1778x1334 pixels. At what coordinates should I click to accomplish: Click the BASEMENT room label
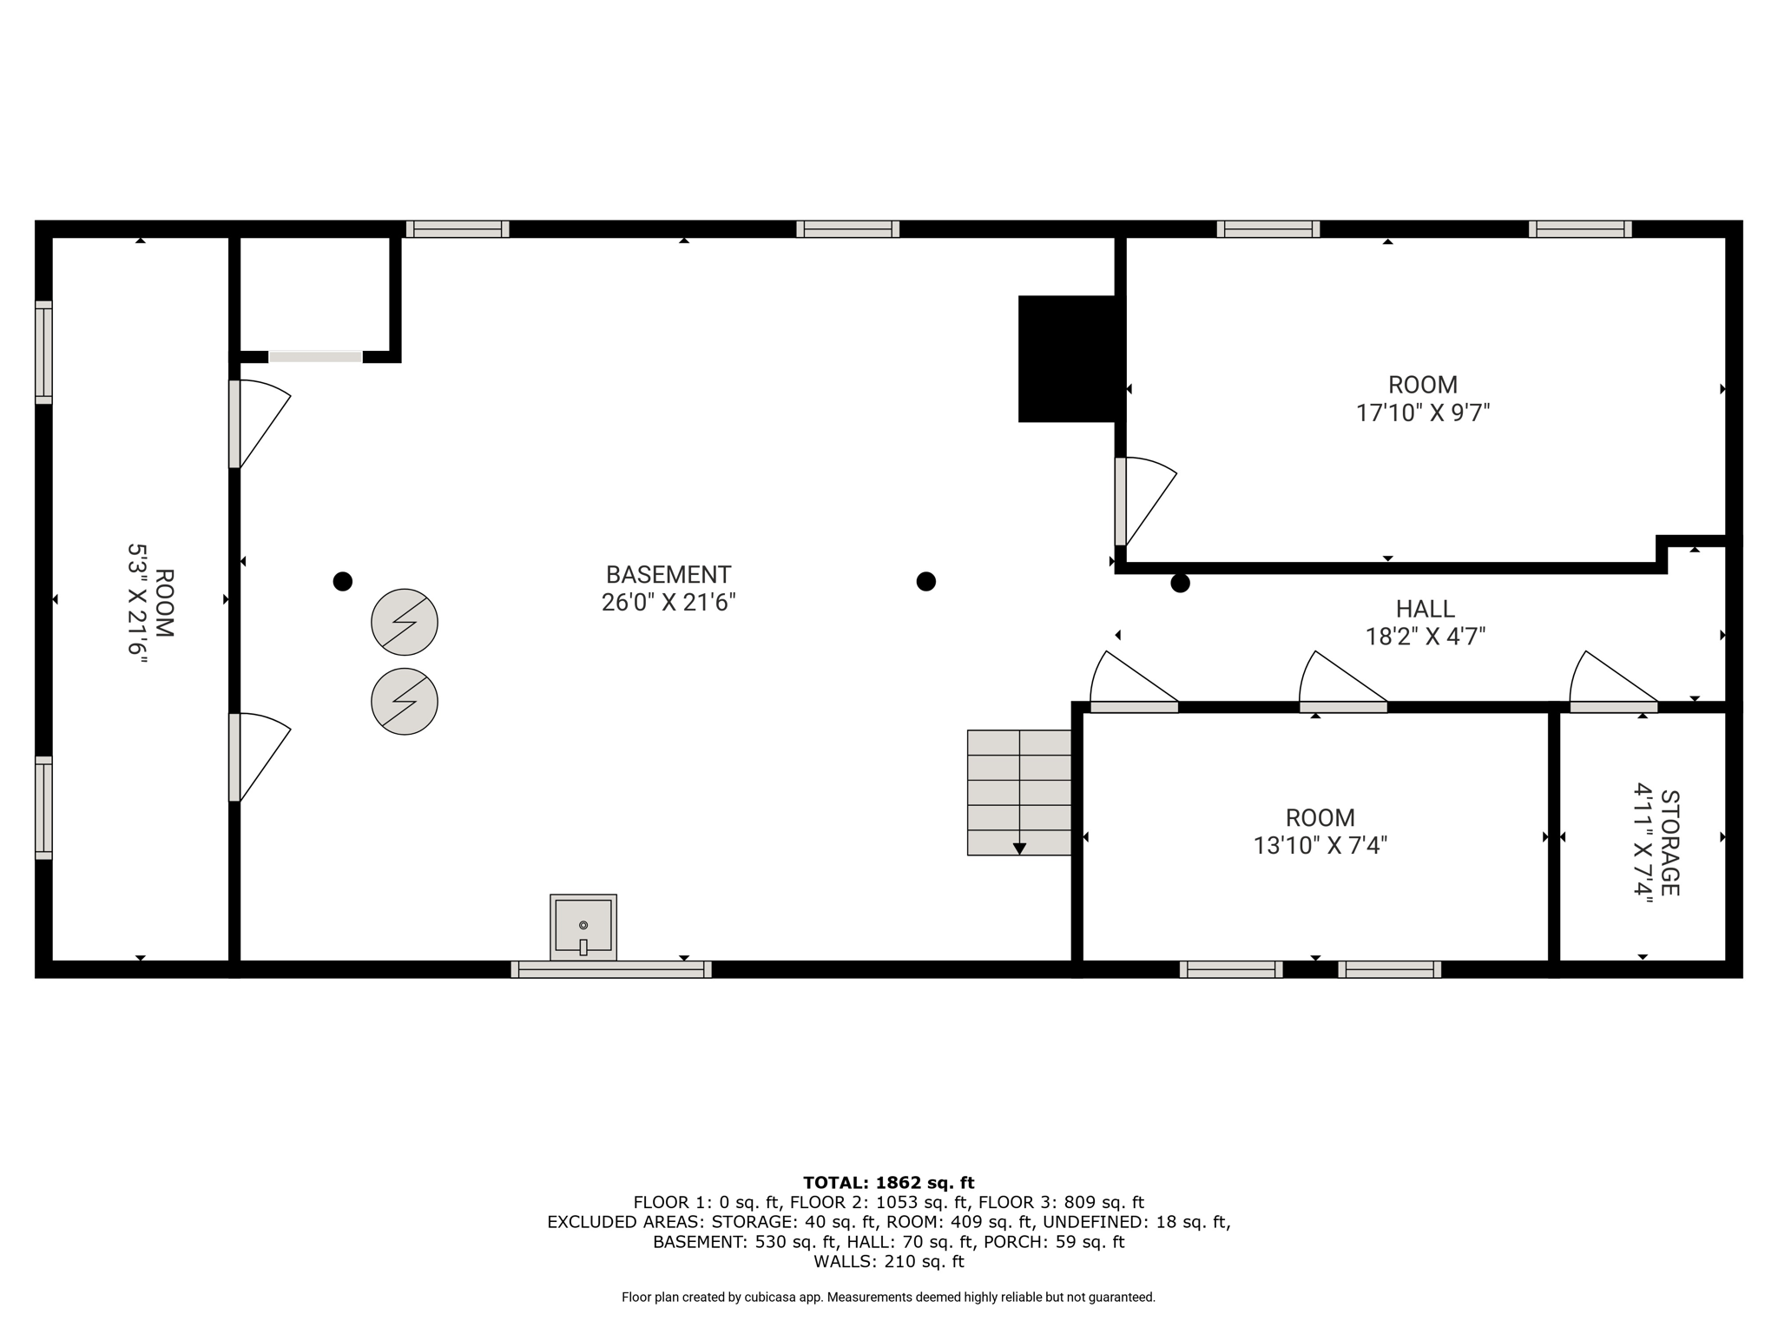pos(668,575)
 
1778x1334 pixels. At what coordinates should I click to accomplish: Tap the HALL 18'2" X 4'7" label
pos(1425,623)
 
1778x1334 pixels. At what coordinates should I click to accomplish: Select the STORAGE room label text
pos(1669,842)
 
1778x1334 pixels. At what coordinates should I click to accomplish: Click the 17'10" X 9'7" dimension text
pos(1422,413)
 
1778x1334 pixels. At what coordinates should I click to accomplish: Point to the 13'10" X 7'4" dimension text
pos(1320,845)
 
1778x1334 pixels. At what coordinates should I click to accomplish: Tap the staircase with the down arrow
pos(1019,792)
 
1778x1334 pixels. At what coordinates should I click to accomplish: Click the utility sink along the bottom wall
pos(583,927)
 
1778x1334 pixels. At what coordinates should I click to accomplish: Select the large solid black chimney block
pos(1068,359)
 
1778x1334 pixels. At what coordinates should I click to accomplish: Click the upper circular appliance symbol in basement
pos(405,622)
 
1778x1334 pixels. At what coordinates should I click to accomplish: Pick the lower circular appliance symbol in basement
pos(405,701)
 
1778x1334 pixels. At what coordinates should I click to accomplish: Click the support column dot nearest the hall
pos(1180,583)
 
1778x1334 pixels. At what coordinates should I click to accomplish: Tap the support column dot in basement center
pos(926,581)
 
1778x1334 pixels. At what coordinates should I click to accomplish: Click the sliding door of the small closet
pos(315,357)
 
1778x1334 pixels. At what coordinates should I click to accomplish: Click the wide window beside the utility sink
pos(611,969)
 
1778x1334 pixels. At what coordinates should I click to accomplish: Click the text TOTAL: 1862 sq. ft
pos(888,1182)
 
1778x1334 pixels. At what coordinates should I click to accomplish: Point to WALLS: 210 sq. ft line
pos(888,1261)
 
